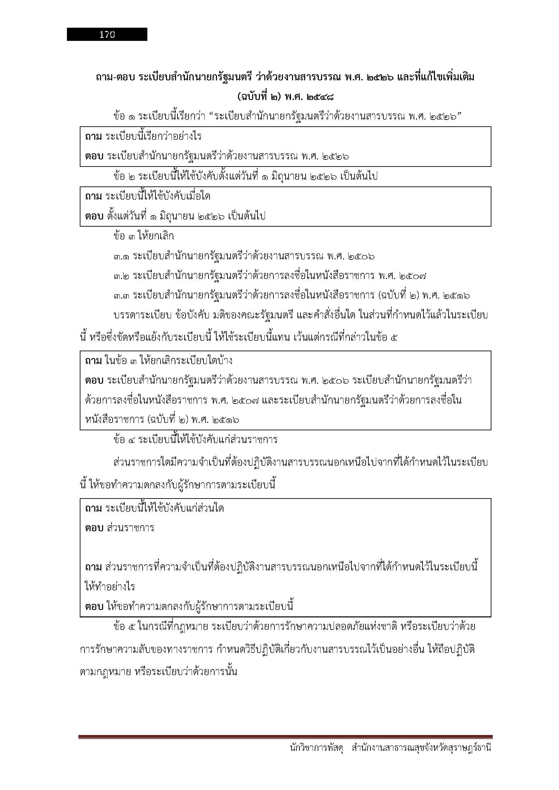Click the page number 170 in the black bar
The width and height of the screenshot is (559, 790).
coord(107,34)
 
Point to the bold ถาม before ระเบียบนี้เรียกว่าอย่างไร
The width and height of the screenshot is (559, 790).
coord(93,136)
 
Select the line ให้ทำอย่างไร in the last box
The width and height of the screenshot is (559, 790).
coord(110,587)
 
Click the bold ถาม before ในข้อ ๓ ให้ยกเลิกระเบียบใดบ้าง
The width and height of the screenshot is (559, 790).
coord(93,361)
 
